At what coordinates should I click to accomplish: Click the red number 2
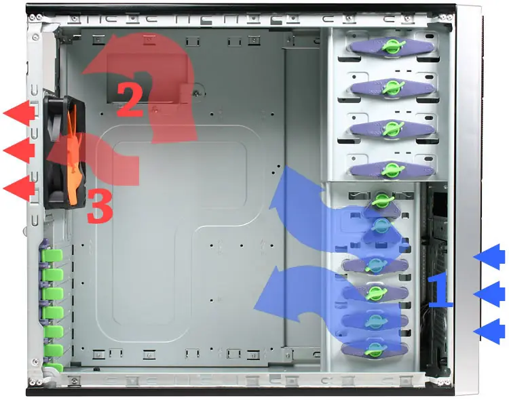coord(130,100)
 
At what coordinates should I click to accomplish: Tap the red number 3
coord(100,205)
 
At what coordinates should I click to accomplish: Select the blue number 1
coord(440,289)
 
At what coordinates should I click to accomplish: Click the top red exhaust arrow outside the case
coord(19,113)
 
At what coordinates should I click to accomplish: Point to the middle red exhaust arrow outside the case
coord(19,151)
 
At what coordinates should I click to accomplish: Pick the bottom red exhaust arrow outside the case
coord(19,188)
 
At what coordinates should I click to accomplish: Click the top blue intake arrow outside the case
coord(489,256)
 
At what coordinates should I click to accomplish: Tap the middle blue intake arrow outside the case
coord(489,294)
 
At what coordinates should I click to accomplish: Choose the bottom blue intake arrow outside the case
coord(489,332)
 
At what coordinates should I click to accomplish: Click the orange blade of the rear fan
coord(74,156)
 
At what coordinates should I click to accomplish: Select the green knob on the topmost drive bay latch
coord(393,46)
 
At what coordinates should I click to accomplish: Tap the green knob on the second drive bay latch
coord(393,87)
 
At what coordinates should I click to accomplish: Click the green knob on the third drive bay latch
coord(393,128)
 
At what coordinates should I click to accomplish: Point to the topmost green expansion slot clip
coord(52,256)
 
